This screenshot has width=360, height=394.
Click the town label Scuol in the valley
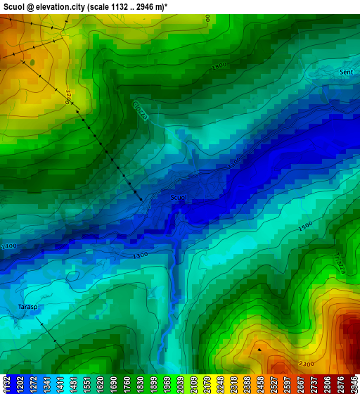(x=179, y=198)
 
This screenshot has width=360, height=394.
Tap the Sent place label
(x=347, y=72)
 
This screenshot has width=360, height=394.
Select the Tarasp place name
(x=27, y=307)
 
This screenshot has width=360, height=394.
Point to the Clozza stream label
(x=140, y=110)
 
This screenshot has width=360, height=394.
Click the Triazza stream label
(x=340, y=265)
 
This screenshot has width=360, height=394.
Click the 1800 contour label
(x=219, y=66)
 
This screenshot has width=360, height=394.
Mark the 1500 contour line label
(x=305, y=227)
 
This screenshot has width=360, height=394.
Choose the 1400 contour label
(x=9, y=246)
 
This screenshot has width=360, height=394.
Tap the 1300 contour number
(x=140, y=255)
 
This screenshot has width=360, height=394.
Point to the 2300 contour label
(x=307, y=364)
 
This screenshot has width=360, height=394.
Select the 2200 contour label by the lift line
(x=68, y=96)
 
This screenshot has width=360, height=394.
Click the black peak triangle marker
(x=259, y=349)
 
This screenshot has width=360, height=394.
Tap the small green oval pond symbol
(x=32, y=62)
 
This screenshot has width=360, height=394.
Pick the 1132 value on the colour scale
(x=6, y=384)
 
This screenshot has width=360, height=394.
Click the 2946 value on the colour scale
(x=354, y=384)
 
